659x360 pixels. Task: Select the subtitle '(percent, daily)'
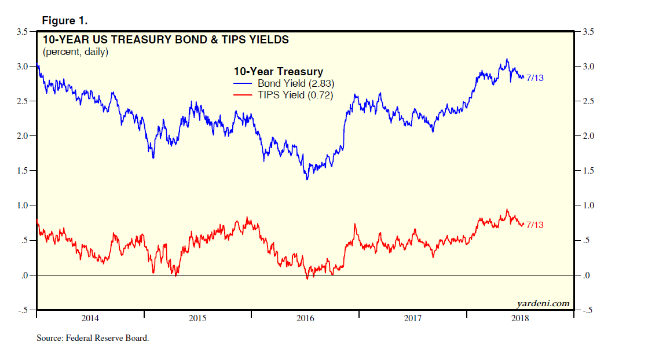[75, 52]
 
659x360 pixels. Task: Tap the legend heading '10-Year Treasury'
[278, 72]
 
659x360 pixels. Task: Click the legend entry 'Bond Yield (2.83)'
[296, 83]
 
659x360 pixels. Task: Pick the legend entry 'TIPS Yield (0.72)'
[295, 95]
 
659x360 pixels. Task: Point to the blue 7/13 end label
[534, 78]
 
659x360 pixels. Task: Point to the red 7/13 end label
[534, 225]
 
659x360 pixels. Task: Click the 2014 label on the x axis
[90, 318]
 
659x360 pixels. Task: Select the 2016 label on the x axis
[305, 318]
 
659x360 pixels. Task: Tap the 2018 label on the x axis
[520, 318]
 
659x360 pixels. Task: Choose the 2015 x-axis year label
[197, 318]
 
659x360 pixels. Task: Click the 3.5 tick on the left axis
[22, 32]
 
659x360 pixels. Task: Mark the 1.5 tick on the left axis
[22, 171]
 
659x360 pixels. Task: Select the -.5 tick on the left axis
[22, 310]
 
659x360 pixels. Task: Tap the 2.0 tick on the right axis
[589, 136]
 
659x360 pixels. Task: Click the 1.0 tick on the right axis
[589, 205]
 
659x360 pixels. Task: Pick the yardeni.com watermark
[542, 303]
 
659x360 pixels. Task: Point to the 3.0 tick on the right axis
[589, 67]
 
